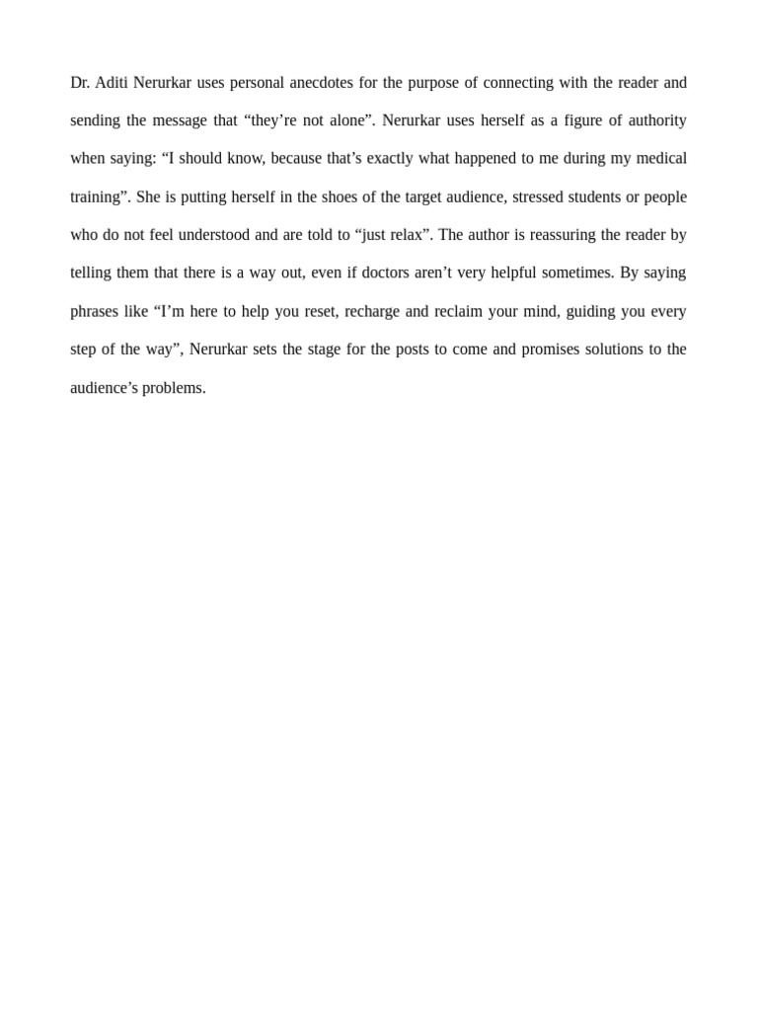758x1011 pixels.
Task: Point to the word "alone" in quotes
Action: coord(342,120)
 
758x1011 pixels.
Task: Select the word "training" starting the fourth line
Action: coord(98,196)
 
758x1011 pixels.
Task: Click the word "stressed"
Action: coord(537,196)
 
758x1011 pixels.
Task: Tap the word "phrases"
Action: coord(95,311)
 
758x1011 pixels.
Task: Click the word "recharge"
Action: coord(372,311)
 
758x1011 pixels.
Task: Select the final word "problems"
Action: coord(173,388)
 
